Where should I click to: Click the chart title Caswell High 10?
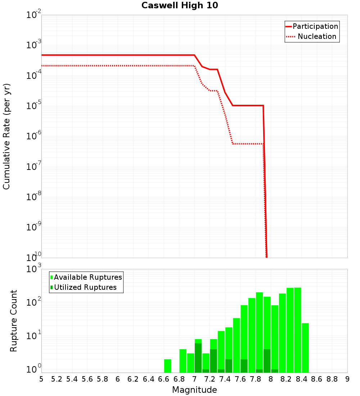180,5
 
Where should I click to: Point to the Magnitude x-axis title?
194,390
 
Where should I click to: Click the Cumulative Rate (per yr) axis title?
6,136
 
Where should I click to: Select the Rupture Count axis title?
14,321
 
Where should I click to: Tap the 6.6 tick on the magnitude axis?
163,379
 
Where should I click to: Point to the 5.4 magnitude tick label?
72,379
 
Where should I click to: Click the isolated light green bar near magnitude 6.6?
167,366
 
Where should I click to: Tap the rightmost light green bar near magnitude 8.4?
305,348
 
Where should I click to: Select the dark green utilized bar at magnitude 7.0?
198,358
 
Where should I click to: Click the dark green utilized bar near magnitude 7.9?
267,361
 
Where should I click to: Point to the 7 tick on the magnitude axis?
194,379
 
